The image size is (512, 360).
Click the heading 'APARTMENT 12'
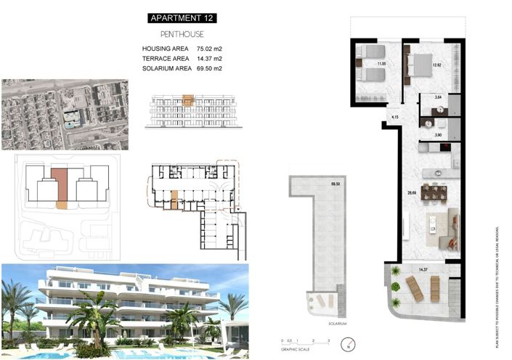[x=181, y=17]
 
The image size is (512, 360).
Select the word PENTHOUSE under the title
[x=181, y=34]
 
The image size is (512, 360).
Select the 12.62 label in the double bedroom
[x=436, y=65]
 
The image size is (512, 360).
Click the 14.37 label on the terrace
[x=423, y=270]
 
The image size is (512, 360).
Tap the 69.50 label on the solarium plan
[x=336, y=185]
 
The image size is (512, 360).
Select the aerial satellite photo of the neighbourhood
[x=65, y=114]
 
